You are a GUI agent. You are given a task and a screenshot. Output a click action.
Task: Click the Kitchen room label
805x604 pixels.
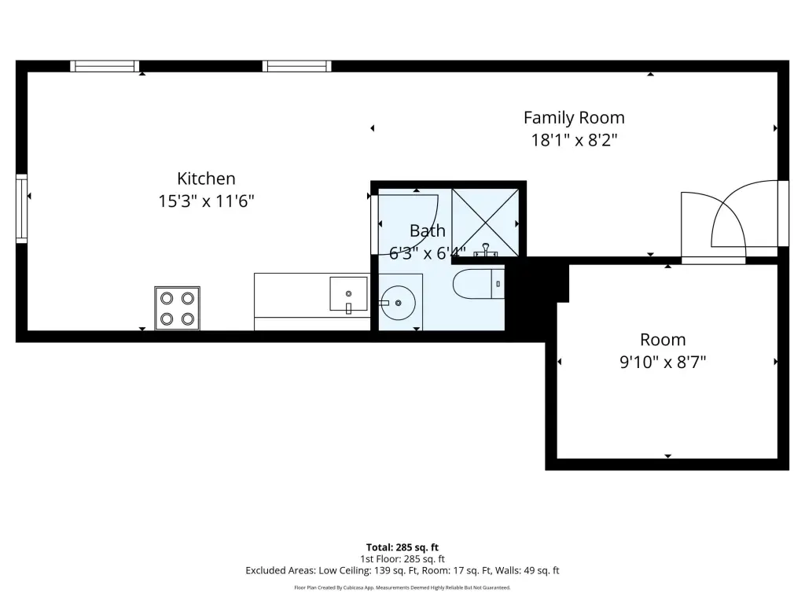pos(207,179)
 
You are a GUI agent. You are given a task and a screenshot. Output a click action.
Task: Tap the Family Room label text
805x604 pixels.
pos(574,118)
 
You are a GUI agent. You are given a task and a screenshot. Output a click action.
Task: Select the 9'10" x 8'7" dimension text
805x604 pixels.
pos(663,362)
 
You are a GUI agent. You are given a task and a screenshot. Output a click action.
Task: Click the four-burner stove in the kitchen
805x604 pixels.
pos(177,308)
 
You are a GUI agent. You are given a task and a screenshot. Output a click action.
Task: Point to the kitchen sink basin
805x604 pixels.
pos(348,294)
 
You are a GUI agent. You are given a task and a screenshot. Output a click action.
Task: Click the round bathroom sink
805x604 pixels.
pos(399,303)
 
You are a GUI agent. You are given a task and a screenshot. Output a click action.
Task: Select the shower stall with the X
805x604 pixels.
pos(485,223)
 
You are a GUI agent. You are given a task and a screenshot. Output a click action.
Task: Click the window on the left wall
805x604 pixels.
pos(21,208)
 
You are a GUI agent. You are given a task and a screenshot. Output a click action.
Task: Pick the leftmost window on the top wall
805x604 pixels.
pos(105,66)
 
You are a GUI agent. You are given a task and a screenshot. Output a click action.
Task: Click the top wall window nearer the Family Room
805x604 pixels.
pos(296,66)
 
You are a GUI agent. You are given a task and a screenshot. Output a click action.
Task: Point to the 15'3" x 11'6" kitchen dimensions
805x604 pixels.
pos(207,201)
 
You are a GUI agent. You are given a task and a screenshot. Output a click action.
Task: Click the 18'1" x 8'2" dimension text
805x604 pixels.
pos(574,140)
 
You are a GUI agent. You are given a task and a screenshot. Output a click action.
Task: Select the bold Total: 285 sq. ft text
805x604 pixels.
pos(402,547)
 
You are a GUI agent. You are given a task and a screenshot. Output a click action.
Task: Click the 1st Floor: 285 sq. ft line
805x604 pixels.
pos(402,559)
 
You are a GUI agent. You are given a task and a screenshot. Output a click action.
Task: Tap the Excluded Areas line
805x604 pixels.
pos(402,571)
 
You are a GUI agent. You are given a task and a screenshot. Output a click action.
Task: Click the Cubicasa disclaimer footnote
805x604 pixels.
pos(402,587)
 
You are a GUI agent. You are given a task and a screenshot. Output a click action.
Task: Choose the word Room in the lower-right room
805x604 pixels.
pos(663,340)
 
